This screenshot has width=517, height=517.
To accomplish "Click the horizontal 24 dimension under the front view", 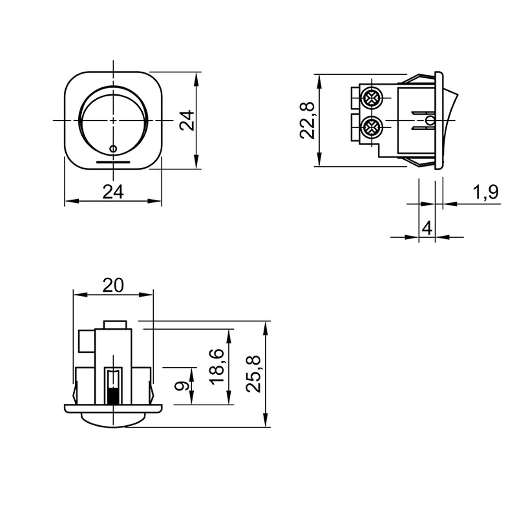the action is [113, 192].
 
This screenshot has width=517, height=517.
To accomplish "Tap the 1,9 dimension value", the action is [486, 192].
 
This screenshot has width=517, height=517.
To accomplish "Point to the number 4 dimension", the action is [427, 228].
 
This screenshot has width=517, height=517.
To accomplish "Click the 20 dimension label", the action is [113, 285].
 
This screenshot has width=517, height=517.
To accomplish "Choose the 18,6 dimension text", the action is [217, 367].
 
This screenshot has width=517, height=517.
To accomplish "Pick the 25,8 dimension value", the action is [254, 374].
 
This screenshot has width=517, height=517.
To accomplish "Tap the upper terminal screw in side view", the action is [372, 97].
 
